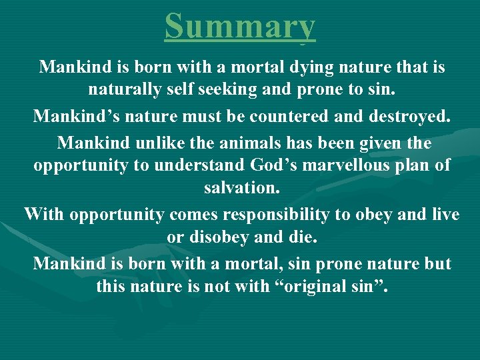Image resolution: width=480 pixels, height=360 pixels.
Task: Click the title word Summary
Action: coord(240,27)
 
